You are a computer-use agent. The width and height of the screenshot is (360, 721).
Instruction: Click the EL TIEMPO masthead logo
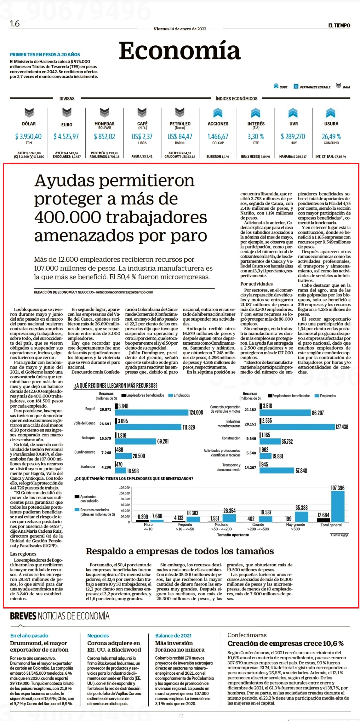click(339, 26)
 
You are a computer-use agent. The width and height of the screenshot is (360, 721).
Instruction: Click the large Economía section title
click(180, 50)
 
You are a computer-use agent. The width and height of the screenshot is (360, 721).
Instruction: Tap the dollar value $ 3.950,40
click(29, 137)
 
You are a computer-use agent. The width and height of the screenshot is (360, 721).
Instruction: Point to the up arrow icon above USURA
click(331, 113)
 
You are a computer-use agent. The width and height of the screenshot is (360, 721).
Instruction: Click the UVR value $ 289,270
click(293, 137)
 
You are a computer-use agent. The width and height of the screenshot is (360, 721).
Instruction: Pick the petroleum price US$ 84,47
click(180, 137)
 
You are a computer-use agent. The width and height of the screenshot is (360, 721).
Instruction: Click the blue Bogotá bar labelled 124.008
click(152, 412)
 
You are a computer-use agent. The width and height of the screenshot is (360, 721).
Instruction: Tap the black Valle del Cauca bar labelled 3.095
click(116, 421)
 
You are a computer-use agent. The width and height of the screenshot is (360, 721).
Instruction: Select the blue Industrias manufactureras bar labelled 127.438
click(297, 427)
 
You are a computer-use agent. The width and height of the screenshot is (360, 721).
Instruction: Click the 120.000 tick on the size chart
click(125, 488)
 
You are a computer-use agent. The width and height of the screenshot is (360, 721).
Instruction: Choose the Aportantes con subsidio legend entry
click(87, 499)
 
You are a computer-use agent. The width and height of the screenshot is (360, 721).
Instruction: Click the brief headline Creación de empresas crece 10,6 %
click(285, 643)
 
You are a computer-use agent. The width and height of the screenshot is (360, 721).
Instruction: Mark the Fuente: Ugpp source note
click(339, 535)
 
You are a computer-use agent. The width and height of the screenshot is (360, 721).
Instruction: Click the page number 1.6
click(15, 23)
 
